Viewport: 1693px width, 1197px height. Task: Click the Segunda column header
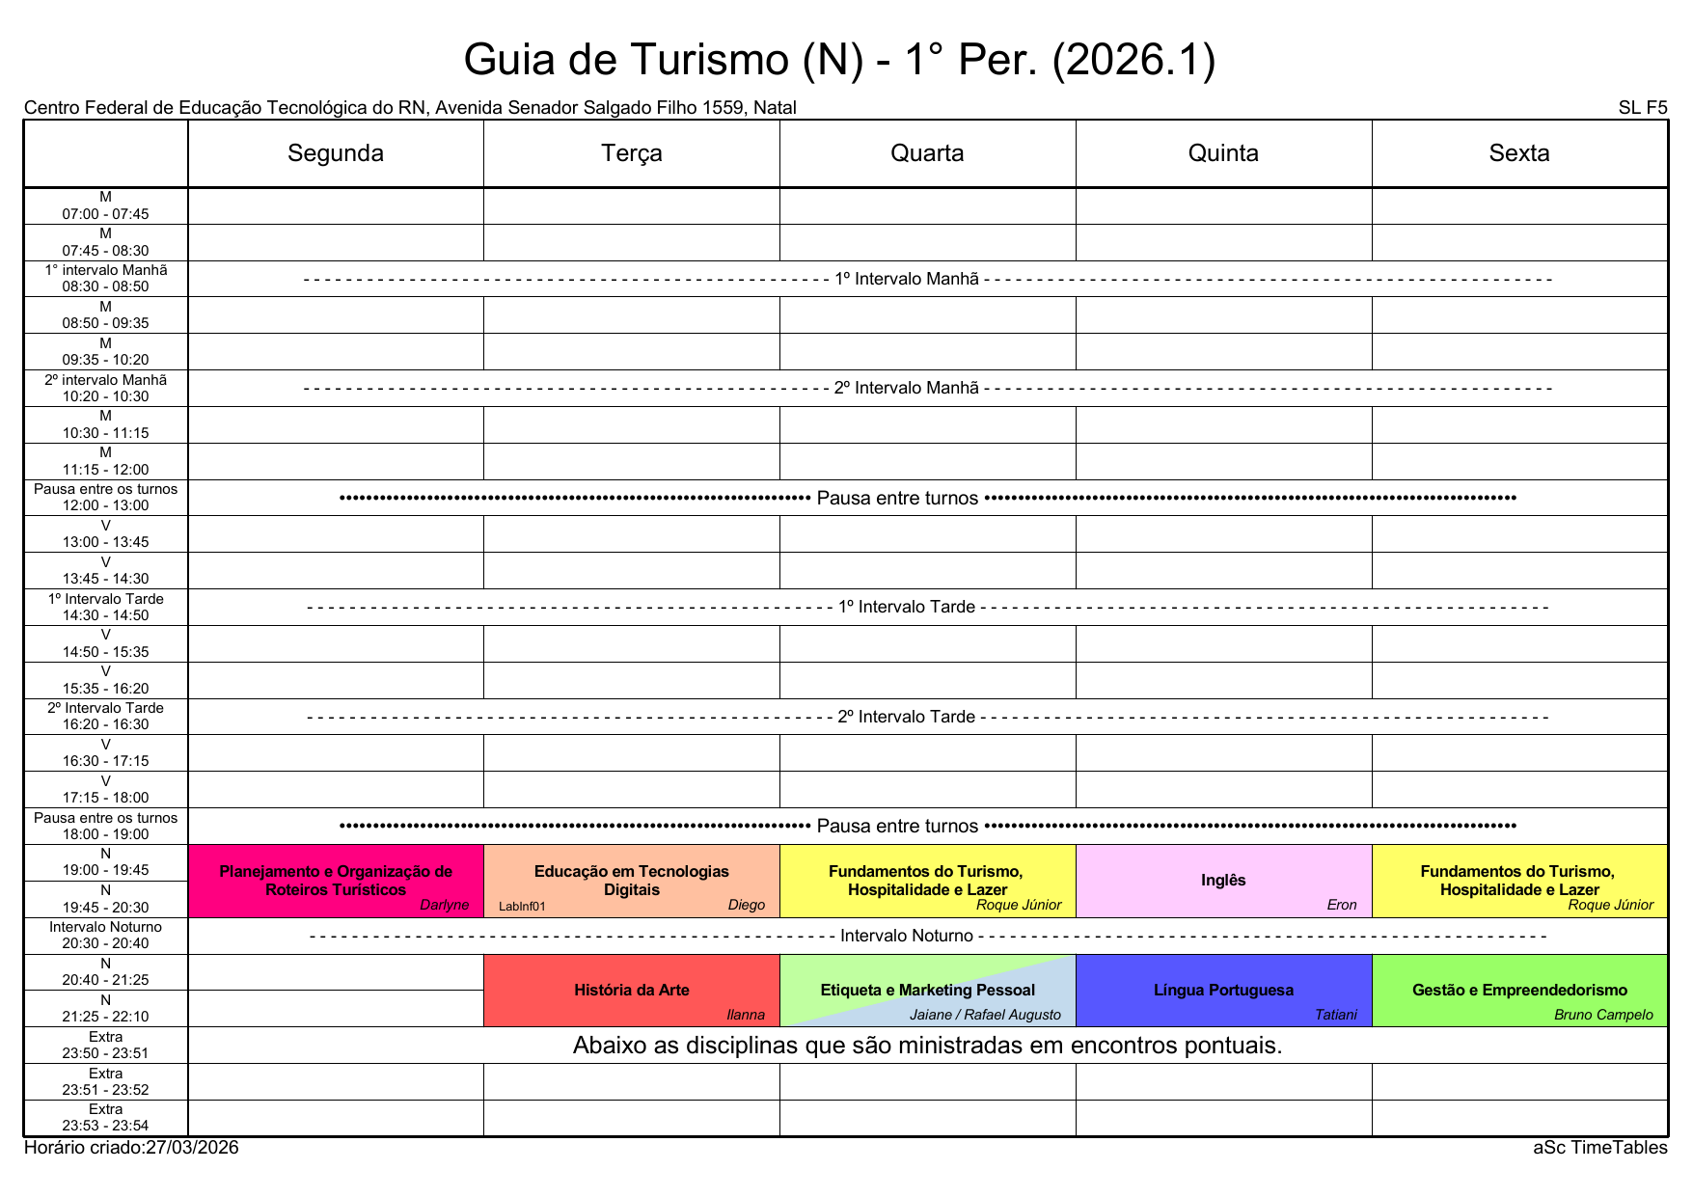[335, 153]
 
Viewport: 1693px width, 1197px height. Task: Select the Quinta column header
[1223, 153]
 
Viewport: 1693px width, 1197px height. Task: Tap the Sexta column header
[1518, 153]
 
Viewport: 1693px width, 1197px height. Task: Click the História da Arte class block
[631, 990]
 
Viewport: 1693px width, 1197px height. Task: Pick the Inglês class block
[1223, 881]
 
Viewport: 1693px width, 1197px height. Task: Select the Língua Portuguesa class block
[1223, 990]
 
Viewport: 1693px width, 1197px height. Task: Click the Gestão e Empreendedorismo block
[1519, 990]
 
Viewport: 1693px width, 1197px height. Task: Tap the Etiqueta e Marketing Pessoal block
[927, 990]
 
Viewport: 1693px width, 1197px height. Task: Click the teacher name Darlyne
[444, 905]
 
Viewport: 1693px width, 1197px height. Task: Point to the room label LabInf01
[522, 907]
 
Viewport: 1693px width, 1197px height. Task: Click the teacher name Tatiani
[1335, 1015]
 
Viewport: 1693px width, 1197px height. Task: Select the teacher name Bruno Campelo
[1603, 1015]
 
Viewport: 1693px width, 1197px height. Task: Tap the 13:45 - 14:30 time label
[106, 579]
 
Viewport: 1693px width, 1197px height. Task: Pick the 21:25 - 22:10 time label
[106, 1017]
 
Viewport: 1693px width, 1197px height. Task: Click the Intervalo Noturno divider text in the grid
[907, 936]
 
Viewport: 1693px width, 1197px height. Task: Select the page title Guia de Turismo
[839, 60]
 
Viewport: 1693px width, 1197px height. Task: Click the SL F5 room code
[1642, 108]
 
